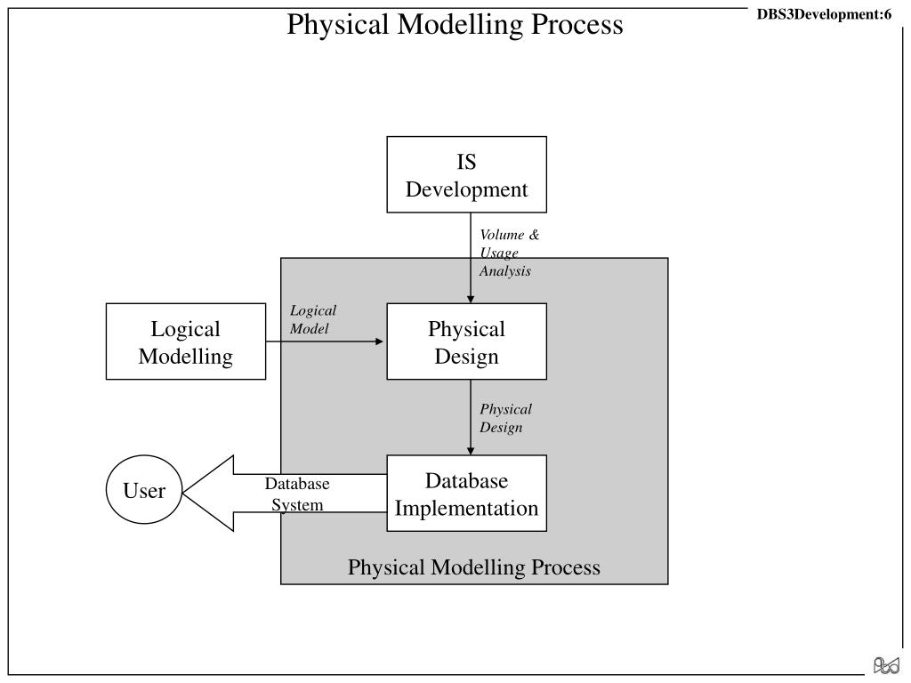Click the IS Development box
[x=466, y=174]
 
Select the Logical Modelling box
[x=186, y=341]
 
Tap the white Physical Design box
[x=466, y=341]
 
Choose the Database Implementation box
[x=466, y=493]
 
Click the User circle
[x=144, y=490]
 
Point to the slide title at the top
[x=455, y=24]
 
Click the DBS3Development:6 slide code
[x=824, y=14]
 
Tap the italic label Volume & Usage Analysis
[x=509, y=253]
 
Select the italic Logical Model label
[x=313, y=319]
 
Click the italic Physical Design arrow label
[x=505, y=418]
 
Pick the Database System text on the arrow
[x=297, y=494]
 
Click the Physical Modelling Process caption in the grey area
[x=474, y=566]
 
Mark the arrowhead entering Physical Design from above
[x=471, y=299]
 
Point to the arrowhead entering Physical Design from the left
[x=379, y=341]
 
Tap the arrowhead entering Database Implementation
[x=471, y=451]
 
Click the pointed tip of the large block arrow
[x=183, y=493]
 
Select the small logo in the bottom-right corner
[x=886, y=665]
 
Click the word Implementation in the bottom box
[x=466, y=508]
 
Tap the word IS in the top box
[x=466, y=162]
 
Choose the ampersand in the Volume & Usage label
[x=534, y=235]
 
